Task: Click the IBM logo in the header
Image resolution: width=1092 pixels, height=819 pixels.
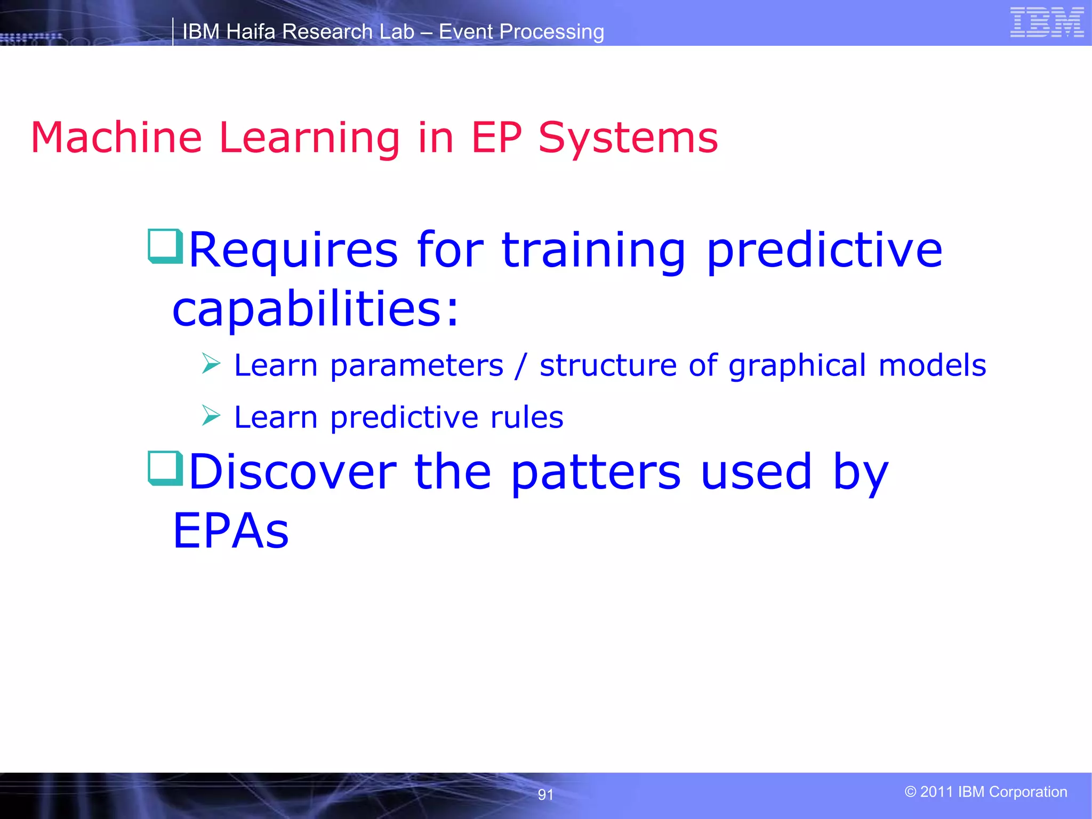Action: (x=1047, y=22)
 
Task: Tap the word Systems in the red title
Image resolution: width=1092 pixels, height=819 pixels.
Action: (x=628, y=138)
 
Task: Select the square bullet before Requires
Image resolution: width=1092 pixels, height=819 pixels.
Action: (x=165, y=246)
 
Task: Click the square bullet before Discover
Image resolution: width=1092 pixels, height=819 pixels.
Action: (x=165, y=468)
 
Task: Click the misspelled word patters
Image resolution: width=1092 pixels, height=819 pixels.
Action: (x=596, y=472)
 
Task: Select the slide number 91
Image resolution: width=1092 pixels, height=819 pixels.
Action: (x=545, y=795)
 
